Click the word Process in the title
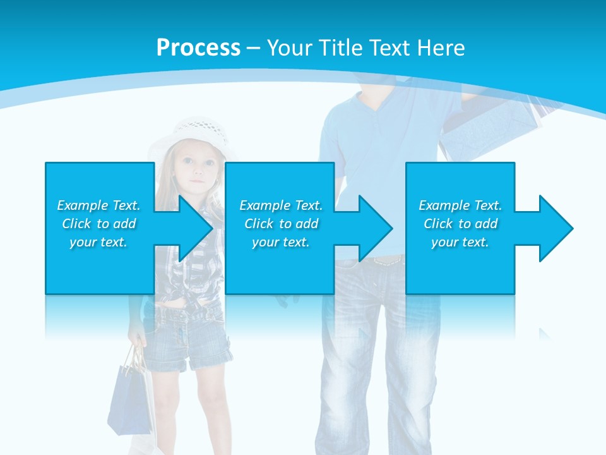pyautogui.click(x=198, y=48)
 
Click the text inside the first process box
pyautogui.click(x=99, y=224)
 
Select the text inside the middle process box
pyautogui.click(x=281, y=224)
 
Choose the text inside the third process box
pyautogui.click(x=460, y=224)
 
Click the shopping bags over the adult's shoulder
pyautogui.click(x=499, y=126)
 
